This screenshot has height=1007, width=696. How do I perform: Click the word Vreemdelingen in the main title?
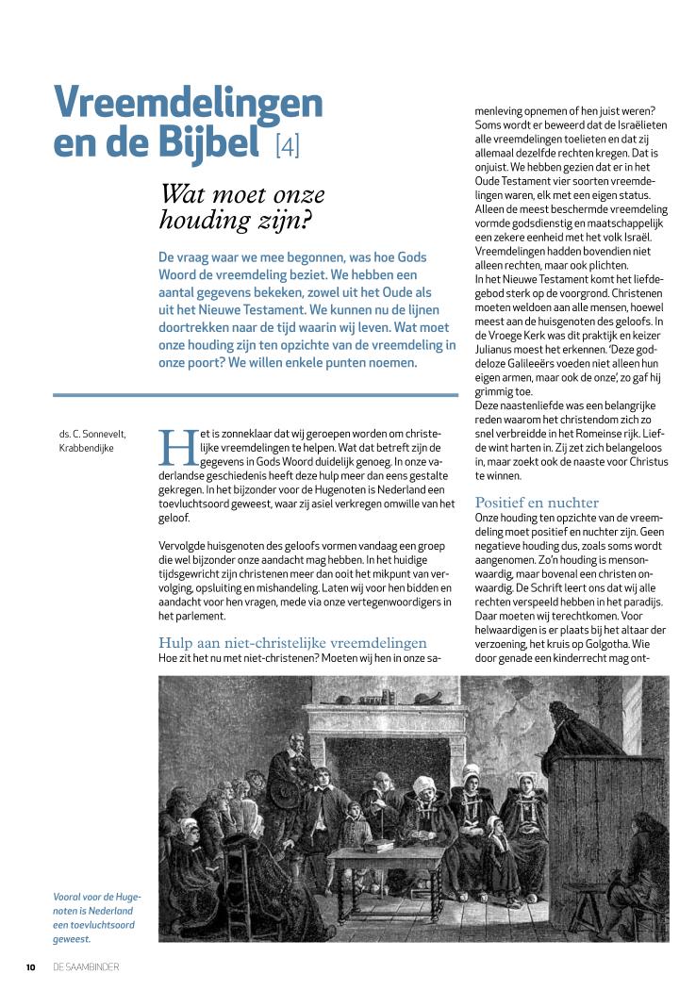click(188, 103)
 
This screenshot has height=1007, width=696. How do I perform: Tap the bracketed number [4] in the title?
click(287, 146)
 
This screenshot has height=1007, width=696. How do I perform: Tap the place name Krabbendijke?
click(86, 449)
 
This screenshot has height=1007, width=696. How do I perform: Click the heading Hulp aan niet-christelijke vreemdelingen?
click(293, 643)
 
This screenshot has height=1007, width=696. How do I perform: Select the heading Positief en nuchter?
click(537, 503)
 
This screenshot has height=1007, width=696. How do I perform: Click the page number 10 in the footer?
click(30, 966)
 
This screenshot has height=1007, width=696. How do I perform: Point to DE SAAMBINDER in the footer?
click(87, 966)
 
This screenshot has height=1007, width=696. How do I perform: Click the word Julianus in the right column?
click(497, 335)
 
